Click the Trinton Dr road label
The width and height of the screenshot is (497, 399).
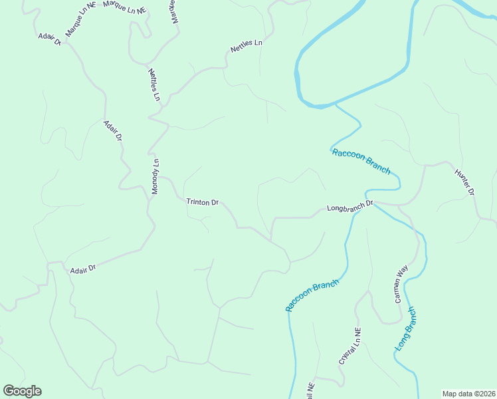click(203, 201)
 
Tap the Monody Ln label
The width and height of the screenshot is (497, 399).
click(155, 177)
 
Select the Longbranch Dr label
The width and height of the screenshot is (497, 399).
click(351, 207)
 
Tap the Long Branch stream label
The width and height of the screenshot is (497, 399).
click(405, 329)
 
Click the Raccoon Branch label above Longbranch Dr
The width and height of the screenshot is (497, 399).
click(361, 161)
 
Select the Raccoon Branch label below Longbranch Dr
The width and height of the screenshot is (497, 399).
click(312, 295)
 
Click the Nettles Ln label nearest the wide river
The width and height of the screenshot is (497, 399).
click(247, 47)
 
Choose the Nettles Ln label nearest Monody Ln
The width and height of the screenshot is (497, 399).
click(154, 84)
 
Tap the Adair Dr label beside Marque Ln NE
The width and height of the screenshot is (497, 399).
click(50, 39)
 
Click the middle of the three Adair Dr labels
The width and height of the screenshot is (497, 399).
click(113, 130)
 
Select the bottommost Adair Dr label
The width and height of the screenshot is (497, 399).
click(83, 269)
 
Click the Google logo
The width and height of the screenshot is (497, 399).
click(22, 391)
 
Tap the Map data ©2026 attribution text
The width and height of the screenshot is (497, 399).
click(468, 394)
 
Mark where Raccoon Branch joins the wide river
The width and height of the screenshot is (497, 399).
click(336, 104)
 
